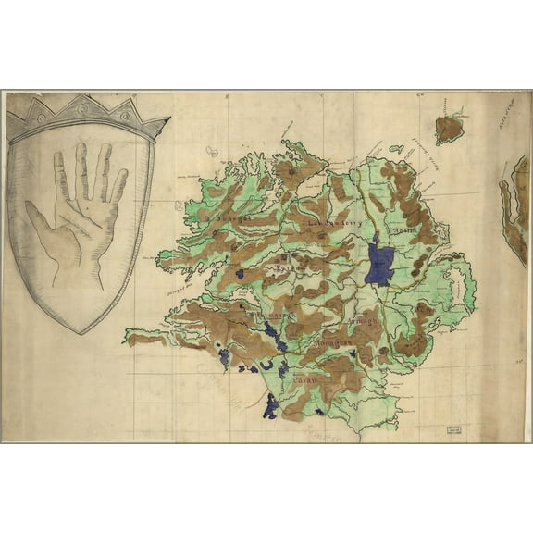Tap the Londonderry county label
click(x=331, y=223)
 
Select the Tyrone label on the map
click(x=285, y=270)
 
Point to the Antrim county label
click(x=405, y=229)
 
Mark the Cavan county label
click(x=305, y=378)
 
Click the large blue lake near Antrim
click(x=378, y=264)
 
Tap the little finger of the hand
click(x=119, y=184)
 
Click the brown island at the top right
click(x=449, y=128)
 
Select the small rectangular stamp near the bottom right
click(x=453, y=430)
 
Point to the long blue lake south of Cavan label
click(x=270, y=405)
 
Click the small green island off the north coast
click(x=396, y=148)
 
